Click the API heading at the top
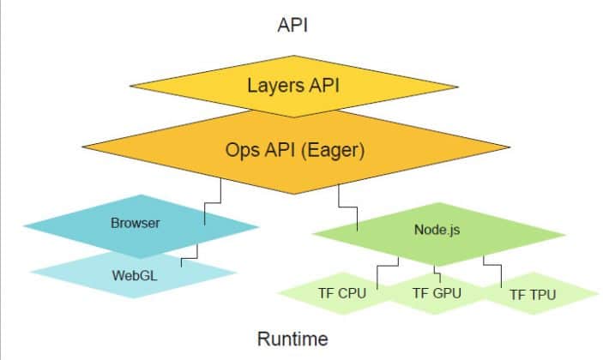point(292,24)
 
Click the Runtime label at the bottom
point(292,339)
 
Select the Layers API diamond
point(292,86)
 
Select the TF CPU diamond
point(341,294)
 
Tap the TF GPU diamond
point(437,294)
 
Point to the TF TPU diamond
point(533,295)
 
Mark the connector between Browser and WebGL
point(190,255)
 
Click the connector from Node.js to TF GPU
point(437,273)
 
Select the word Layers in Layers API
point(270,86)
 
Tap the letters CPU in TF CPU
point(353,294)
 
